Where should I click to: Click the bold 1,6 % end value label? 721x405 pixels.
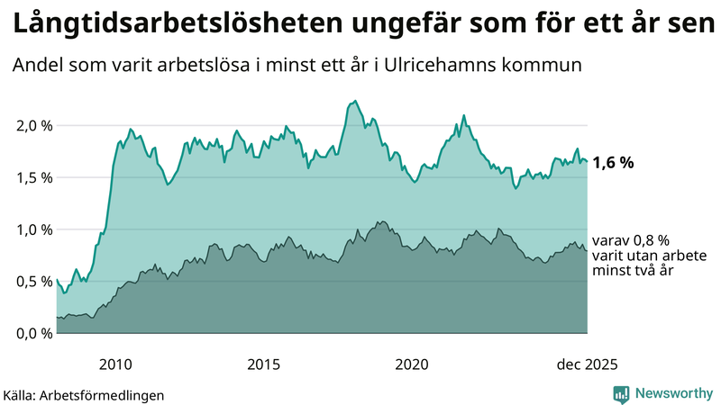pos(615,163)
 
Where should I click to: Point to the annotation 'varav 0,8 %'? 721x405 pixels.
pos(631,242)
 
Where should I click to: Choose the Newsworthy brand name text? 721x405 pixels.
pos(671,393)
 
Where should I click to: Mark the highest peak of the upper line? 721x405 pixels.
pos(355,101)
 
